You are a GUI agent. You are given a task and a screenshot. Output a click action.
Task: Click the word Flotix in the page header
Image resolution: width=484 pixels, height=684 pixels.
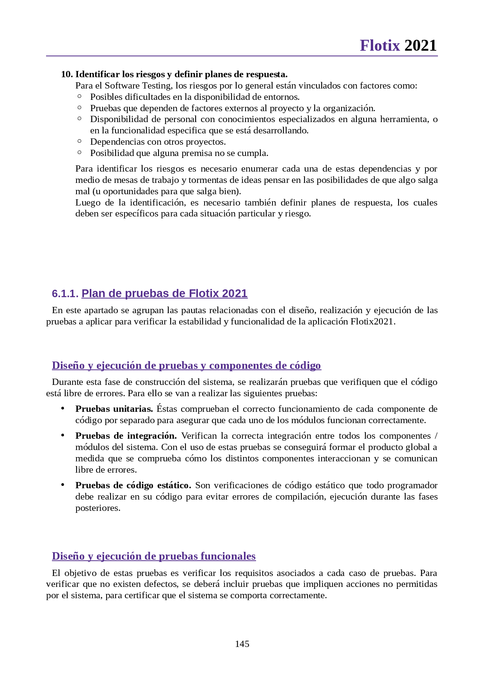[379, 46]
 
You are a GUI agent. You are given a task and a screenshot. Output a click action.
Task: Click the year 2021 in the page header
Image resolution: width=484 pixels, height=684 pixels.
[420, 46]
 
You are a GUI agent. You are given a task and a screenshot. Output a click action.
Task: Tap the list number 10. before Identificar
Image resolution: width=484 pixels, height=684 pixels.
[67, 74]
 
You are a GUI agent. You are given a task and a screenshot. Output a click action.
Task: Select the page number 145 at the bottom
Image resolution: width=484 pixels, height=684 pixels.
[242, 644]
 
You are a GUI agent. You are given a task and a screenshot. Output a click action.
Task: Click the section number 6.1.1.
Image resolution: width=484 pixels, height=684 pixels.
[65, 294]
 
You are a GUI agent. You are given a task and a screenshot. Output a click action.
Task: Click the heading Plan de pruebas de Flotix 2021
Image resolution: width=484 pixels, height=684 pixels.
[164, 293]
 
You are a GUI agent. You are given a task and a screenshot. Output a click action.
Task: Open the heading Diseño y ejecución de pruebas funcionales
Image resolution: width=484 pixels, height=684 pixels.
[154, 556]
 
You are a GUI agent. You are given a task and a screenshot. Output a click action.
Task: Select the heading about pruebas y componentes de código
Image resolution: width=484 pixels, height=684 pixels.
[186, 365]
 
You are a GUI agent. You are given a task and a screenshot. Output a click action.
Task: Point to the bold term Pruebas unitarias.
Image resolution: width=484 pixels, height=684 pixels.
[114, 409]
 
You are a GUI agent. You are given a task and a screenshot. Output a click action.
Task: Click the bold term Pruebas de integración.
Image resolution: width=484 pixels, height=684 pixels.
[126, 436]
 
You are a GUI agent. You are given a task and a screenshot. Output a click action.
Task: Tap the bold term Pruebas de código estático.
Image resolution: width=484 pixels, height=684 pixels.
[133, 485]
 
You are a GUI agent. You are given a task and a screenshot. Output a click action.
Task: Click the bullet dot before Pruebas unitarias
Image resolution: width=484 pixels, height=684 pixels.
[62, 408]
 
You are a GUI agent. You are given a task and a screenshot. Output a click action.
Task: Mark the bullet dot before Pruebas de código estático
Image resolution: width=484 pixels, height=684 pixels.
[62, 484]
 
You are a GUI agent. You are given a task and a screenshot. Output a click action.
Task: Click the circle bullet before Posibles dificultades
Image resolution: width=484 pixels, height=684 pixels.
[80, 96]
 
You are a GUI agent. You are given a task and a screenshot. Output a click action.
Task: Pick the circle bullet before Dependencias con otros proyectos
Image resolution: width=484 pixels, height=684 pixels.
[80, 141]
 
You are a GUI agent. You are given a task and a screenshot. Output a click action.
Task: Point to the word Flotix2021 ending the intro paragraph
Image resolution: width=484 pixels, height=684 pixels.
[372, 322]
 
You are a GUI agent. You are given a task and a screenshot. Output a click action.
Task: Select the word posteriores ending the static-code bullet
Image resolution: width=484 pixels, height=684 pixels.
[98, 508]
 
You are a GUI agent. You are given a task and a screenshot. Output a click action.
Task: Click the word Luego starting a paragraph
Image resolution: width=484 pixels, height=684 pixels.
[88, 202]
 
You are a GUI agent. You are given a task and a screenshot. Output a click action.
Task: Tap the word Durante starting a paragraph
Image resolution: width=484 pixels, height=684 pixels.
[67, 382]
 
